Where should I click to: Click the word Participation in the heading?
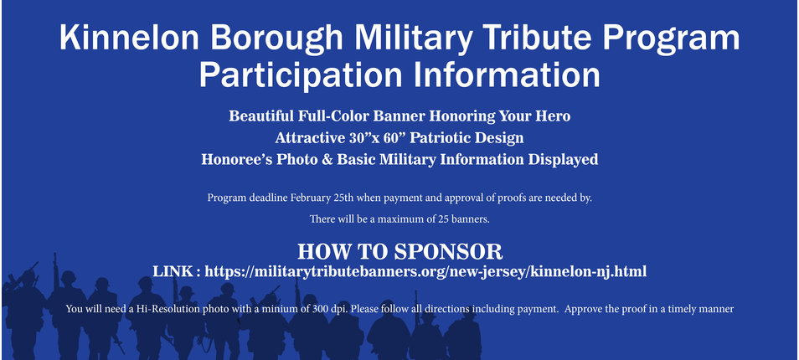pos(302,75)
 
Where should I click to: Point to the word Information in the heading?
pos(507,75)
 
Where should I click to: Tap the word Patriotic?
pos(443,137)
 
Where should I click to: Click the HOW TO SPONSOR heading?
pos(400,252)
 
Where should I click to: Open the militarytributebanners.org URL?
pos(425,272)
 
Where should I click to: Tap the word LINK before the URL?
pos(173,271)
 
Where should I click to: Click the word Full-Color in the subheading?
pos(333,116)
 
